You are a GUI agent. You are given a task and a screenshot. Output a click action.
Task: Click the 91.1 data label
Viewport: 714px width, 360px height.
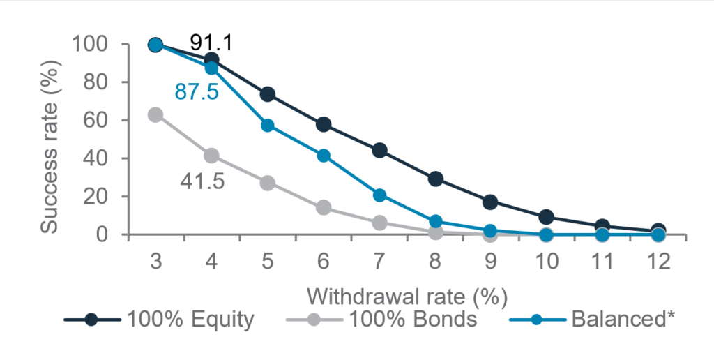coord(211,43)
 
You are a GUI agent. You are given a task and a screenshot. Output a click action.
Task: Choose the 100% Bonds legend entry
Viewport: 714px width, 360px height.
coord(383,320)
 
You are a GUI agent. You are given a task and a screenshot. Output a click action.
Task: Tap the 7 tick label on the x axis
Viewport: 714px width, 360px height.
coord(379,262)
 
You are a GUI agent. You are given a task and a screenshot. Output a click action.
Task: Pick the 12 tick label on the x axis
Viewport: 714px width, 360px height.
coord(658,262)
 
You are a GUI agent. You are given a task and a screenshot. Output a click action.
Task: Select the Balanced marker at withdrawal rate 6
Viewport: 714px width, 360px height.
coord(324,156)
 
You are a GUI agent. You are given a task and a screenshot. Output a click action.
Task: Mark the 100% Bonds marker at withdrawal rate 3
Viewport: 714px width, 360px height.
coord(155,114)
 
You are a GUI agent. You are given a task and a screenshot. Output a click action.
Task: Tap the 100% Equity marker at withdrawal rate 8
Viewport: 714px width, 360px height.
coord(435,179)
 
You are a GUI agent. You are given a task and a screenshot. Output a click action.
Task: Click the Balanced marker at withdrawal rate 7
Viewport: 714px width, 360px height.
coord(379,195)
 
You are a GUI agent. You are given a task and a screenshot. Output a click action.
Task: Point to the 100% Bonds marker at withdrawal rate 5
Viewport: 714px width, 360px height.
coord(267,183)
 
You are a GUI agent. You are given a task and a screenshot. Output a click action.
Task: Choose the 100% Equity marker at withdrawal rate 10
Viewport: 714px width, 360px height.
coord(547,217)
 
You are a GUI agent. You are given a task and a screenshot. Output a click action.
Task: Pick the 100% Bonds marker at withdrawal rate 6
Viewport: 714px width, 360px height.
coord(324,207)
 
